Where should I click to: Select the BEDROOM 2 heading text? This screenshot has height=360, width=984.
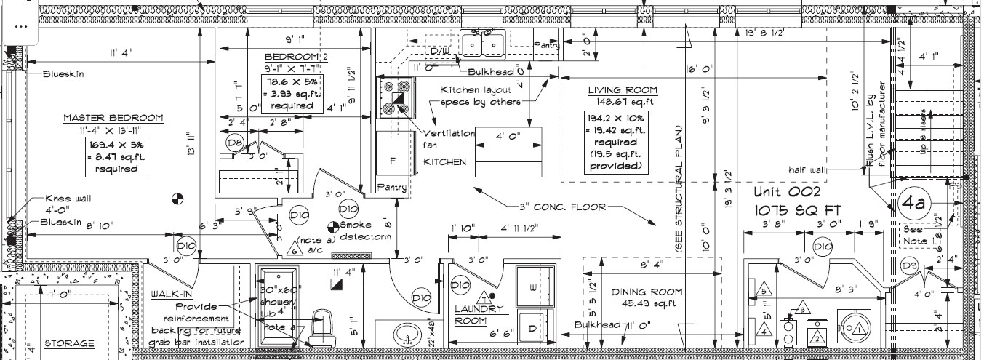[296, 56]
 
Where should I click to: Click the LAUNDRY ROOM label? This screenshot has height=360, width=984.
[479, 314]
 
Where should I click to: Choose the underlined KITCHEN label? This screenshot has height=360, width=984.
[444, 162]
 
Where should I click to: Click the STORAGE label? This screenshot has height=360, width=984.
[69, 343]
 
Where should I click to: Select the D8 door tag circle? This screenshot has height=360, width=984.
[234, 143]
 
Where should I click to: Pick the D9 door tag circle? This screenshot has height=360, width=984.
[910, 265]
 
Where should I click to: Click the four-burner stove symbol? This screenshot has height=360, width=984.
[394, 97]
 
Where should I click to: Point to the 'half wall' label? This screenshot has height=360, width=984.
[807, 169]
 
